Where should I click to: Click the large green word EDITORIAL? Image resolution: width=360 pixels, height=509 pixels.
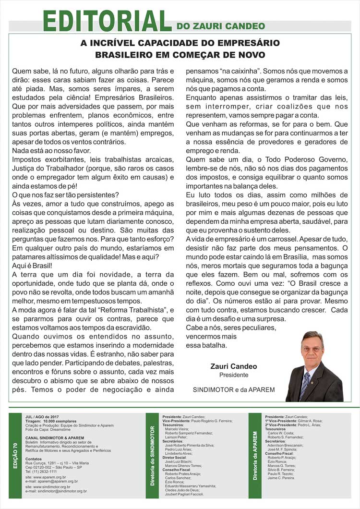point(107,21)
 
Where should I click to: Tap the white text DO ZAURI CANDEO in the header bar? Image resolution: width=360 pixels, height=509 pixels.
point(220,26)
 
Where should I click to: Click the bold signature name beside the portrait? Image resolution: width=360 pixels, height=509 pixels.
point(234,366)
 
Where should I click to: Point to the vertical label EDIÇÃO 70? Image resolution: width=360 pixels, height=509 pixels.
point(15,456)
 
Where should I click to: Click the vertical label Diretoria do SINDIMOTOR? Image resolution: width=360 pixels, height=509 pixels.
point(152,454)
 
